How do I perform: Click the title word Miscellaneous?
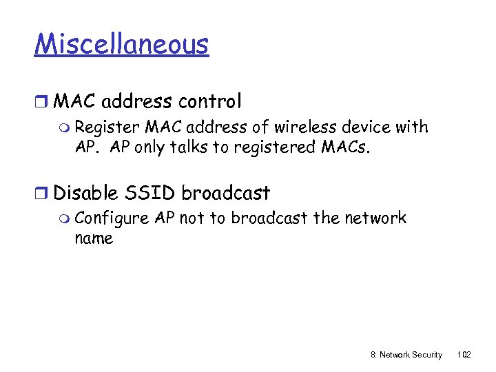[x=121, y=44]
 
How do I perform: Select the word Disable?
[x=87, y=193]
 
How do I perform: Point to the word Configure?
[x=112, y=219]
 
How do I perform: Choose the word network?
[x=374, y=218]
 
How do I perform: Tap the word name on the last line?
[x=94, y=238]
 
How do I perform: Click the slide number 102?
[x=464, y=355]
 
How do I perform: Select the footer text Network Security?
[x=411, y=355]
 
